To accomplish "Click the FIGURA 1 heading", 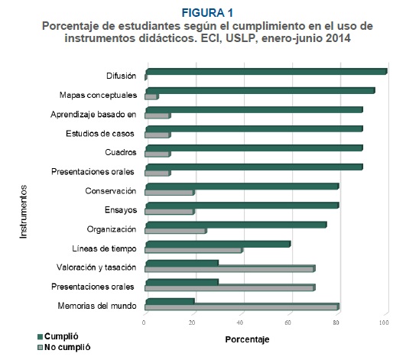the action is pos(207,13).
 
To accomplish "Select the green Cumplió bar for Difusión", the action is pos(266,72).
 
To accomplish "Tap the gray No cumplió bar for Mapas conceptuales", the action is pos(152,96).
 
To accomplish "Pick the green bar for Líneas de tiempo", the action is pos(218,244).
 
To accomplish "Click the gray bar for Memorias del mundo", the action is pos(242,306).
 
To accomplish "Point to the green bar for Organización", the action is pos(236,225).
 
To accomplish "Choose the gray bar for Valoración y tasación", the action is pos(230,269).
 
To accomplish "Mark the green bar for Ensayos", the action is pos(242,206).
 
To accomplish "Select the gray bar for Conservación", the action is pos(170,193).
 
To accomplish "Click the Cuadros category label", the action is pos(121,152).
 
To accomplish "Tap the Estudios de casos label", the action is pos(100,133).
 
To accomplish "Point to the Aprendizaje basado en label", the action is pos(93,115).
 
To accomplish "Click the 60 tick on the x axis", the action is pos(287,323).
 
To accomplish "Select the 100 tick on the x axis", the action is pos(384,323).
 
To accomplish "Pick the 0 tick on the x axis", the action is pos(144,323).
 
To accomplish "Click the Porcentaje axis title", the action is pos(247,339).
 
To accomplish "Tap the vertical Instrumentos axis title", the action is pos(24,212).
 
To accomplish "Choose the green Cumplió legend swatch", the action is pos(40,336).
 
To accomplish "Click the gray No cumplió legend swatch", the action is pos(40,348).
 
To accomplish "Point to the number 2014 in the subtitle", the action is pos(338,38).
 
